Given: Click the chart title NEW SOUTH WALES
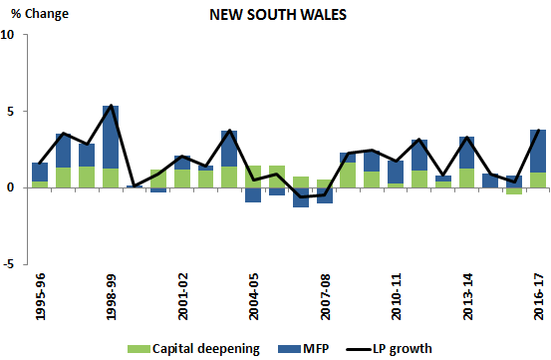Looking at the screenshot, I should coord(277,16).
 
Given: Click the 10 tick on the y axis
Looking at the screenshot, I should coord(9,35).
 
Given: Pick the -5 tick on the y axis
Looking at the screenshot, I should coord(9,264).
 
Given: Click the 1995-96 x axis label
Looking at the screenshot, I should coord(40,297).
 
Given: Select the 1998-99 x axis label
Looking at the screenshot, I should coord(112,297).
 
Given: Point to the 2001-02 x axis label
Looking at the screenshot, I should coord(182,297).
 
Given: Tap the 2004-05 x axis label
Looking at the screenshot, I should coord(253,297).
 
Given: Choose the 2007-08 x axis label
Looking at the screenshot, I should coord(325,297).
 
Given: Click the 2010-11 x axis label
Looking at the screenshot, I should coord(396,297).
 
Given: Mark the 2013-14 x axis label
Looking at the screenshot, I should coord(467,297).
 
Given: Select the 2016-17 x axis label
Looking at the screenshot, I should coord(538,297).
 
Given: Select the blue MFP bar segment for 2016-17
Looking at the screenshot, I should coord(538,152).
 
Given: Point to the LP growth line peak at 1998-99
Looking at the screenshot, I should coord(112,106).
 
